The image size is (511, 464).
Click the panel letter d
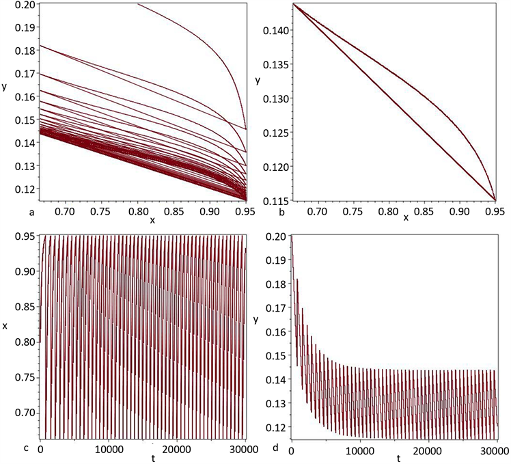[x=273, y=449]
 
